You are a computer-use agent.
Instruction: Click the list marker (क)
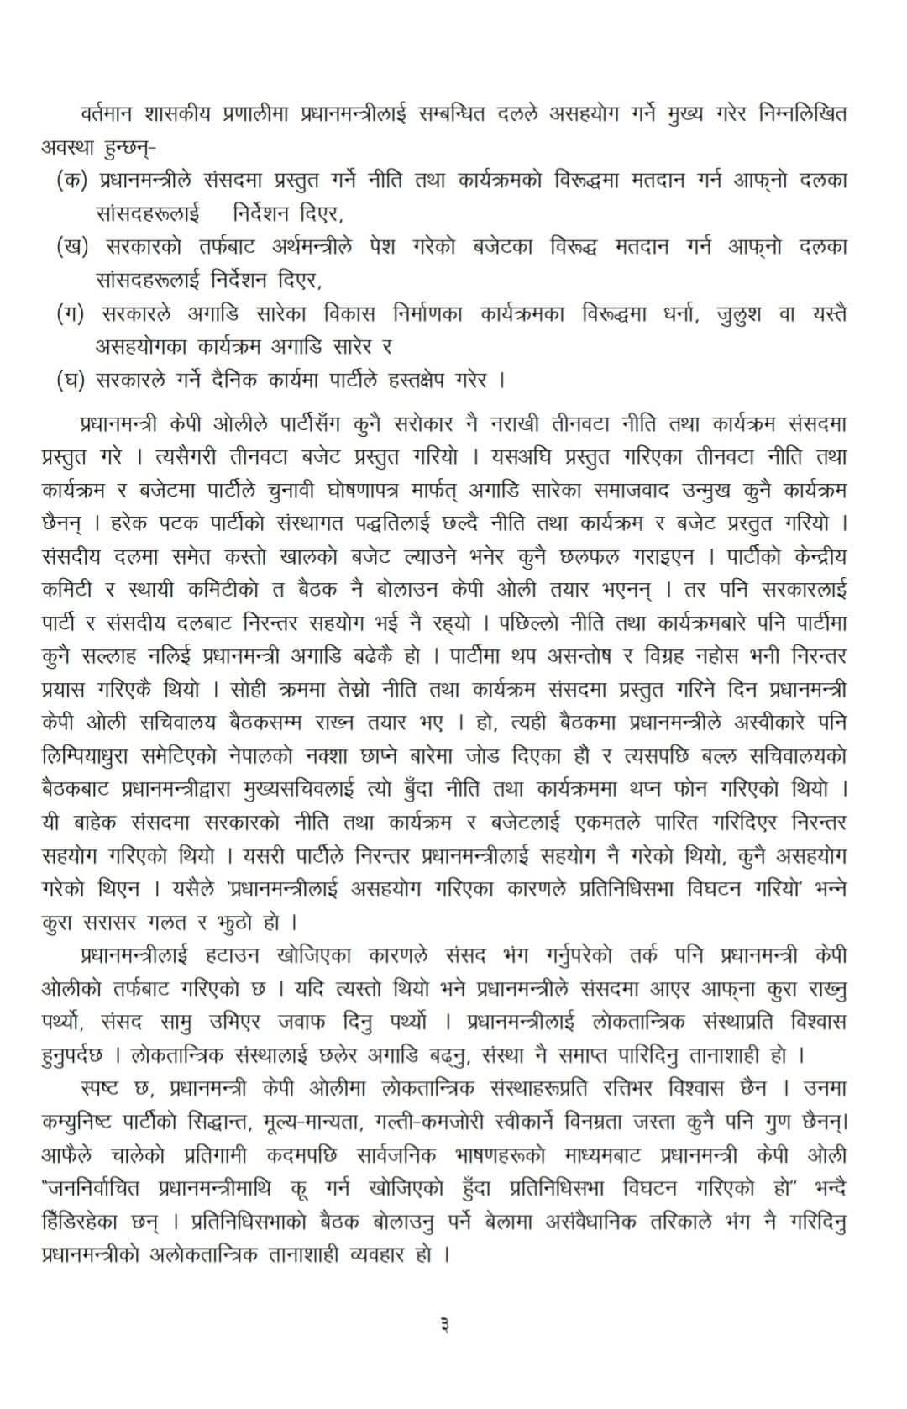tap(71, 181)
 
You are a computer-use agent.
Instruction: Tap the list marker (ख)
tap(71, 247)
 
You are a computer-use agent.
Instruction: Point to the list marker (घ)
tap(71, 380)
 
